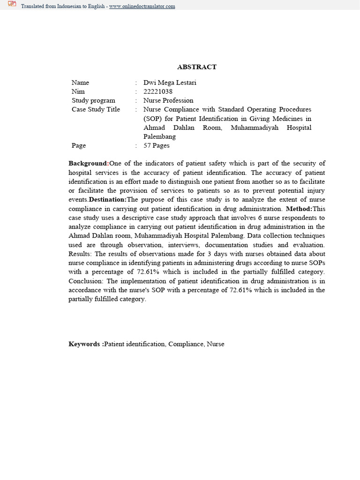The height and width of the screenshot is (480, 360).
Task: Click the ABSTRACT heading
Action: tap(197, 67)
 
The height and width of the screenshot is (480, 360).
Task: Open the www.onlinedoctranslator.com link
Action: tap(142, 7)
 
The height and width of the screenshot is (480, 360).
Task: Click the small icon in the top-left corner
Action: tap(12, 5)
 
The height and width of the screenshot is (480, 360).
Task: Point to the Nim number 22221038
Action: tap(157, 91)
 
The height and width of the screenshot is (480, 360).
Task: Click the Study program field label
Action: tap(93, 100)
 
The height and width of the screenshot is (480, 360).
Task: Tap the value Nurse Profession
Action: tap(168, 100)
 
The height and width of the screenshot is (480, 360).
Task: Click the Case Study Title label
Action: tap(96, 109)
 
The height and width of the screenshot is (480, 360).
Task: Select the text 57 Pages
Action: tap(156, 145)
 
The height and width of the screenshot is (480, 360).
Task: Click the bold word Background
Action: tap(88, 164)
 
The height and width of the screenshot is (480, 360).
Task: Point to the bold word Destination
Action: tap(107, 200)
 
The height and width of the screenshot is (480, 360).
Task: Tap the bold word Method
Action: tap(299, 209)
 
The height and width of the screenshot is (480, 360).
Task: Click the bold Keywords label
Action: tap(86, 344)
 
